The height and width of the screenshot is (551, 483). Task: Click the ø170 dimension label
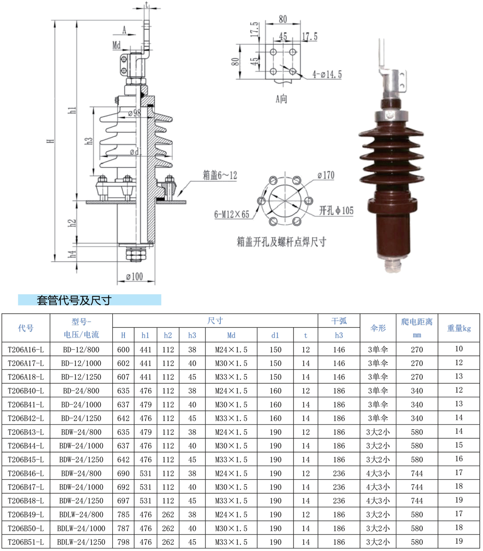pos(326,175)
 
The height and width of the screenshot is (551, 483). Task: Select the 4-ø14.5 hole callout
pos(327,75)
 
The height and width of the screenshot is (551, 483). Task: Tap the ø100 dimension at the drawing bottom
pos(135,276)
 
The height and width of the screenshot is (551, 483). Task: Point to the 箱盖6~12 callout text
pos(220,175)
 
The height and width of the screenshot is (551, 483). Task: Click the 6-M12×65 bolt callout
pos(232,214)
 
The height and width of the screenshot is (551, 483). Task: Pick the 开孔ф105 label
pos(336,210)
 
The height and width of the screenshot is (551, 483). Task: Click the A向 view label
pos(282,99)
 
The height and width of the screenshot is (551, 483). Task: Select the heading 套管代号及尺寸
pos(74,300)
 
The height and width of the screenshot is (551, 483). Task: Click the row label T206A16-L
pos(26,350)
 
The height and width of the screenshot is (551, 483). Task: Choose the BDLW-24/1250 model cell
pos(81,542)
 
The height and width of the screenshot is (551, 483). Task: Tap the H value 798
pos(123,542)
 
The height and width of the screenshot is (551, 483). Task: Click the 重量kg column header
pos(459,328)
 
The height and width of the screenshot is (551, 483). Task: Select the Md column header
pos(231,335)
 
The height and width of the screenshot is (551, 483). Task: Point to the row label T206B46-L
pos(26,473)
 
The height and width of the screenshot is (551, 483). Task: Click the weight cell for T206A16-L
pos(459,349)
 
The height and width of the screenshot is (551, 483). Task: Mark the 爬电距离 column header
pos(417,322)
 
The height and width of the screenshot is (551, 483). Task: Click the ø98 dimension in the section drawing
pos(134,113)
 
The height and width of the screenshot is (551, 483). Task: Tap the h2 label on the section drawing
pos(72,223)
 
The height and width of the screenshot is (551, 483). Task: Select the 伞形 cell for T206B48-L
pos(378,501)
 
